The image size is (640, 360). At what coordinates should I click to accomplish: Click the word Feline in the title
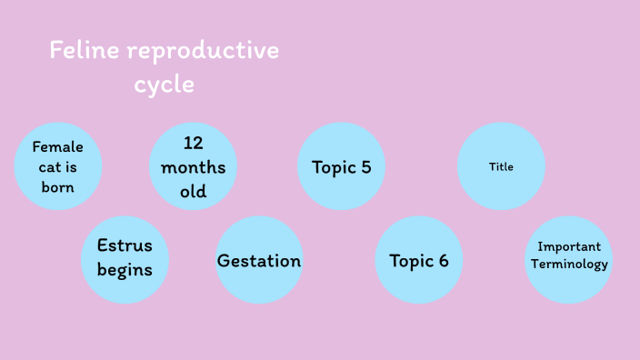85,50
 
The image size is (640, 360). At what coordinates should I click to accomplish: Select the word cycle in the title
164,85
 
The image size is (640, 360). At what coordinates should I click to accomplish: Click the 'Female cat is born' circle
57,166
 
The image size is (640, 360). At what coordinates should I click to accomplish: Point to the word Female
57,146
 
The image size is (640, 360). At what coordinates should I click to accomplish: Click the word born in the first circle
57,187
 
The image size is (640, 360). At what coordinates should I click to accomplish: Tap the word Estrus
125,246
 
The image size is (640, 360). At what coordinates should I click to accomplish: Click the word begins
125,270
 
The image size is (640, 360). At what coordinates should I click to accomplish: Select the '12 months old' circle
193,166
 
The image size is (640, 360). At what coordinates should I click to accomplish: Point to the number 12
193,143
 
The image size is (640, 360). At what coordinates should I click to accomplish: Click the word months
193,167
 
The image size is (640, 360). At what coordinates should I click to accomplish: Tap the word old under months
193,191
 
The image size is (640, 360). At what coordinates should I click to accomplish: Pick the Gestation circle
259,261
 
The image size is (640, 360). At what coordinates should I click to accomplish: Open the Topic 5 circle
341,166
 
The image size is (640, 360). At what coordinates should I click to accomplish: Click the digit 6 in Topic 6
443,261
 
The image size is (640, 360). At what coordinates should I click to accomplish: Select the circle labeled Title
501,166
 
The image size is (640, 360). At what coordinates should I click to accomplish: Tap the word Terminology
569,265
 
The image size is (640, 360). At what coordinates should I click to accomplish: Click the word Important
569,246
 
